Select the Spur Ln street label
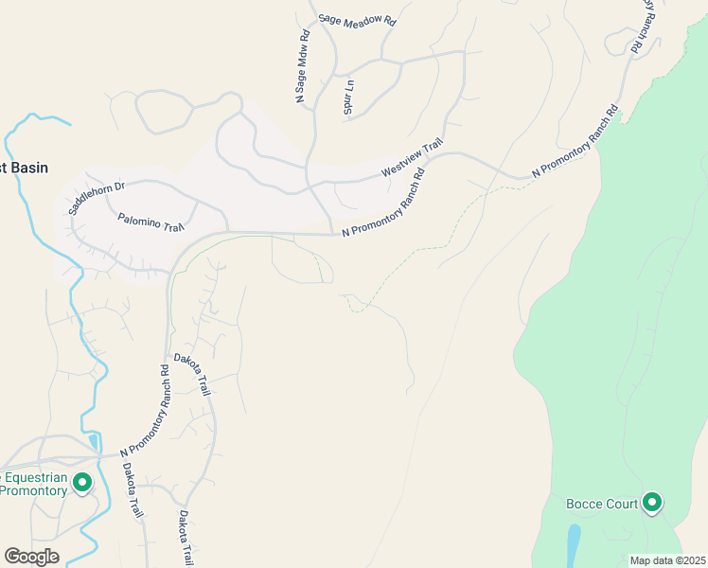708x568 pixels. [x=348, y=95]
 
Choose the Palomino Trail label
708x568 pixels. [x=150, y=222]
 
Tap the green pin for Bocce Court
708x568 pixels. [x=651, y=503]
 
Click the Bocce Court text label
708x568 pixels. [x=602, y=504]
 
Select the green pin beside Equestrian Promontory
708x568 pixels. [x=82, y=484]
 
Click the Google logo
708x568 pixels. [x=31, y=557]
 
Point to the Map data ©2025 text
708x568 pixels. [x=666, y=560]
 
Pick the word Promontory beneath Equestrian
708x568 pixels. [x=34, y=490]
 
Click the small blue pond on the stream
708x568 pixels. [x=94, y=441]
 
